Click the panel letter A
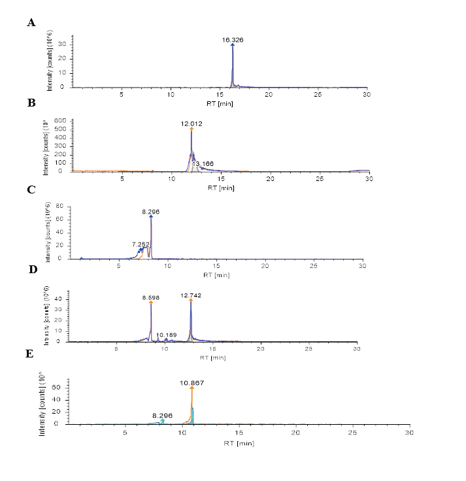click(x=31, y=23)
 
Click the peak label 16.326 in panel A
click(x=233, y=40)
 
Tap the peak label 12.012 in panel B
click(x=192, y=122)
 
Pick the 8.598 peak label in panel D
click(x=151, y=297)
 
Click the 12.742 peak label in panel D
click(x=191, y=295)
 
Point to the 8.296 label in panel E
click(x=163, y=415)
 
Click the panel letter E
click(x=29, y=354)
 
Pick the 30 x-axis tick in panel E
click(x=409, y=433)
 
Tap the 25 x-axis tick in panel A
click(x=318, y=94)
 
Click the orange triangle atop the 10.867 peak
click(x=192, y=388)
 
